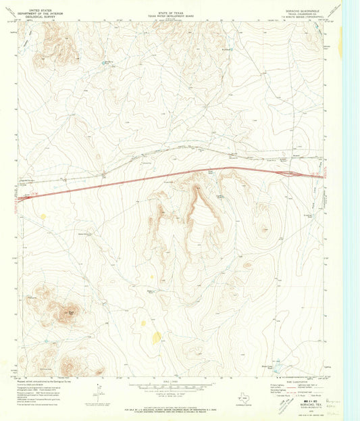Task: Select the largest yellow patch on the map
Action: (x=157, y=337)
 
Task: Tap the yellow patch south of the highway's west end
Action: (x=43, y=217)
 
